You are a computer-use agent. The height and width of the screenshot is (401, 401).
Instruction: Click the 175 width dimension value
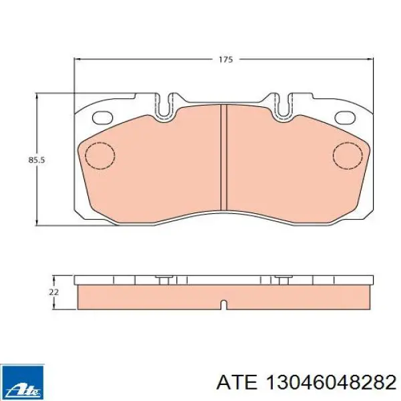(226, 59)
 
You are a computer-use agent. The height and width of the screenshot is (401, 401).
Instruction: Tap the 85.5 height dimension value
(37, 160)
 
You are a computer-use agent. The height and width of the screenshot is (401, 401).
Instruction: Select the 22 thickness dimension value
(54, 292)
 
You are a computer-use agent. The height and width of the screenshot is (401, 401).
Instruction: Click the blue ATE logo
(22, 382)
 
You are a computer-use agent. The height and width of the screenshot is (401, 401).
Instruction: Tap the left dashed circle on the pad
(100, 156)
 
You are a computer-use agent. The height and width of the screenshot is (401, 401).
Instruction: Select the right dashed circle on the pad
(348, 156)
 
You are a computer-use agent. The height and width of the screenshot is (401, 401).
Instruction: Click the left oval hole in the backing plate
(102, 118)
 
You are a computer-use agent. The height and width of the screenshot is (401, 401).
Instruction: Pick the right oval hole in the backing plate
(345, 118)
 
